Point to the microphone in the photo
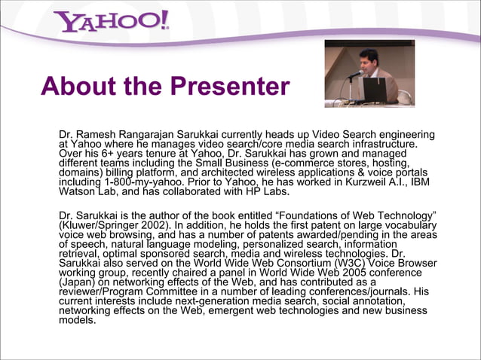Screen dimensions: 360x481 355,74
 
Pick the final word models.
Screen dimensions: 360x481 77,320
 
